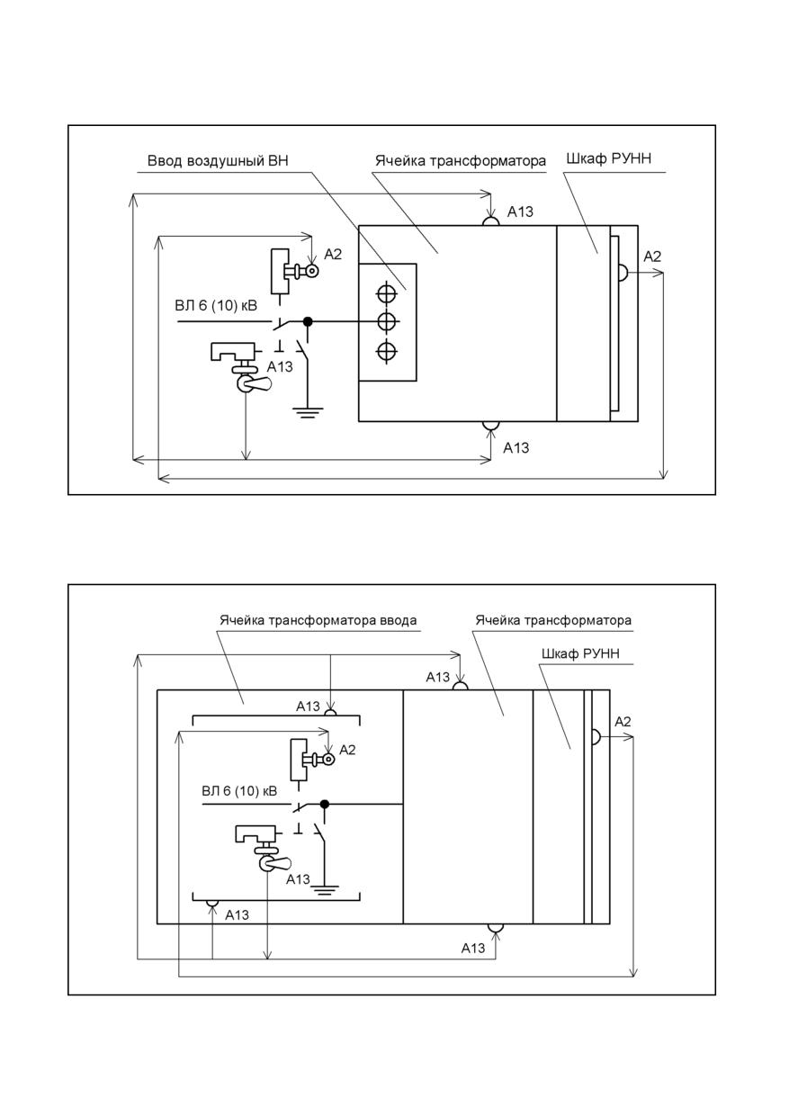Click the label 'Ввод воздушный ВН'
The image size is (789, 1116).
click(x=218, y=161)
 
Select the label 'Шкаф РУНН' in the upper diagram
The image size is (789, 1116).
click(x=608, y=158)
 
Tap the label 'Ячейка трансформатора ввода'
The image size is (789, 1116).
click(x=318, y=620)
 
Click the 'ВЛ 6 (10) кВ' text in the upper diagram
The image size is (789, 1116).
click(x=216, y=305)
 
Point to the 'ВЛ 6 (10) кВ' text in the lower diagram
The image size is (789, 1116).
click(x=239, y=791)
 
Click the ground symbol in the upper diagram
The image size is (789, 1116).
click(x=308, y=412)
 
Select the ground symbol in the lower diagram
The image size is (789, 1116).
click(x=325, y=890)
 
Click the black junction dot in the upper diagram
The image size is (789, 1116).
click(x=308, y=322)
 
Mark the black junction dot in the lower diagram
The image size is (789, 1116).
click(x=325, y=804)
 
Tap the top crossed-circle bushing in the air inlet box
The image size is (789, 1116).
click(x=387, y=292)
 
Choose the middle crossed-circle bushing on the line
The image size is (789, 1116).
click(x=387, y=322)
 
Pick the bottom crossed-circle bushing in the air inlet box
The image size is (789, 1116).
click(x=387, y=352)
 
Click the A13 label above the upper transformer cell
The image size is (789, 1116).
click(x=520, y=211)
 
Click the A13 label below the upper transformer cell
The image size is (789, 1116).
click(x=516, y=448)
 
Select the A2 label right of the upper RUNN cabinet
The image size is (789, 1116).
click(x=652, y=256)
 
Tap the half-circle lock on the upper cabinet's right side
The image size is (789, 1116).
click(x=623, y=273)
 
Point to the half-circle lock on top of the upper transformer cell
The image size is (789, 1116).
click(x=490, y=221)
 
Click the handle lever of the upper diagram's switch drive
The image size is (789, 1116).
click(x=260, y=383)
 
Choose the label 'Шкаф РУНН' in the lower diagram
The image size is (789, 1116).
click(x=580, y=653)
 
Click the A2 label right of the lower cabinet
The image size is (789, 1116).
click(x=623, y=722)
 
